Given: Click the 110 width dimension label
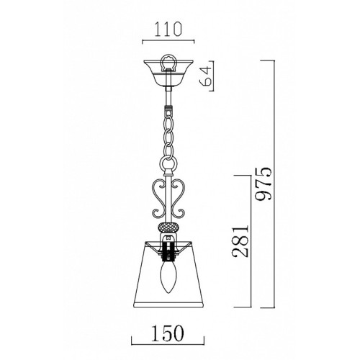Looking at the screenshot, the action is (x=168, y=30).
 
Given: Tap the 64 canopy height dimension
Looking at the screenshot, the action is (x=205, y=76).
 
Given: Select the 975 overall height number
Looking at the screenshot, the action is (x=264, y=184).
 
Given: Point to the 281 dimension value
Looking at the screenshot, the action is (x=240, y=241).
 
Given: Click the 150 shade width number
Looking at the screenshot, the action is (x=168, y=333).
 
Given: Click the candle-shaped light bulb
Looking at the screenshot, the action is (x=168, y=277).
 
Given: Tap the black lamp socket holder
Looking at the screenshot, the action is (x=168, y=251).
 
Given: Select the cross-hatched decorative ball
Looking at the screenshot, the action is (x=168, y=227).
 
